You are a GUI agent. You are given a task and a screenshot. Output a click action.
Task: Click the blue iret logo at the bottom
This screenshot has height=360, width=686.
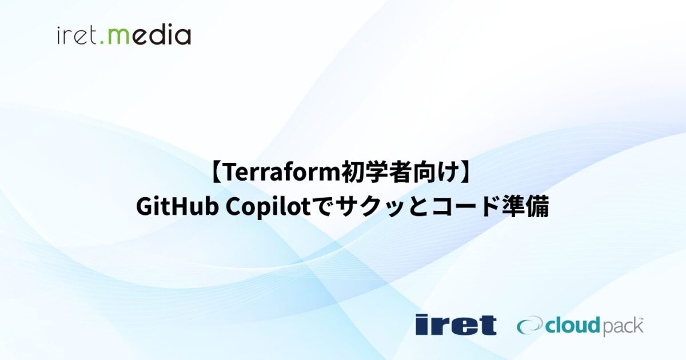pyautogui.click(x=456, y=325)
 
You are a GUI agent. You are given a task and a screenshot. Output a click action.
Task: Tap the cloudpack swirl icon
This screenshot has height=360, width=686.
pyautogui.click(x=530, y=326)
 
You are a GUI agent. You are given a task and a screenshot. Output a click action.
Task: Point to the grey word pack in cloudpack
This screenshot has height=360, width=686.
pyautogui.click(x=622, y=327)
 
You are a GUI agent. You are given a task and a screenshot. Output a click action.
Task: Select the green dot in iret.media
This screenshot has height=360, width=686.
pyautogui.click(x=103, y=43)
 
